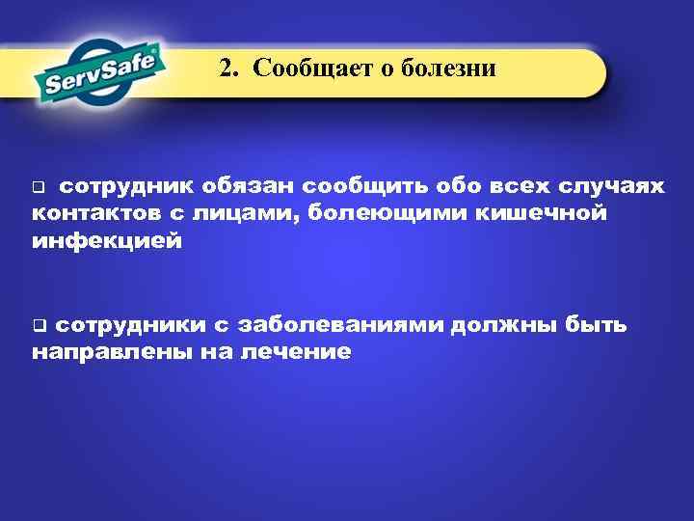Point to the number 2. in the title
(227, 69)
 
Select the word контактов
(87, 213)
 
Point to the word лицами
(242, 213)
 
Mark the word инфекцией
(106, 240)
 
